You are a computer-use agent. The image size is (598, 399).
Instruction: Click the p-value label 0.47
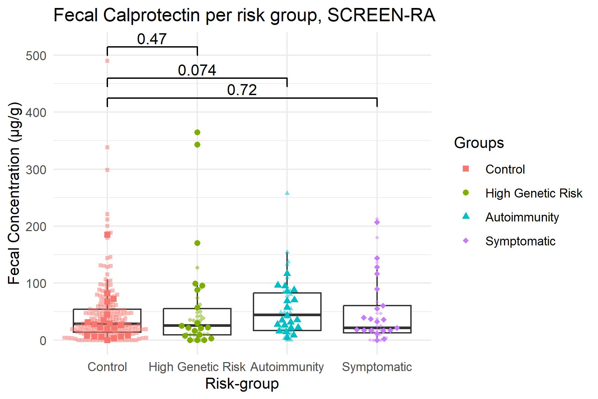[x=152, y=39]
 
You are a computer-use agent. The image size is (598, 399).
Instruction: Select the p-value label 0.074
[x=197, y=70]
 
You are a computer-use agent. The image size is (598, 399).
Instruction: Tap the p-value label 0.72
[x=242, y=90]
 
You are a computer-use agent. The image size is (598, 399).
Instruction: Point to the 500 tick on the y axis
[x=36, y=56]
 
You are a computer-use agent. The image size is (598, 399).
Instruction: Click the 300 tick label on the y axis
[x=36, y=170]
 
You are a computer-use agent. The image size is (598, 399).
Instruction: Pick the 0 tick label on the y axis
[x=43, y=341]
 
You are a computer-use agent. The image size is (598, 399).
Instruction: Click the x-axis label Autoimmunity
[x=287, y=367]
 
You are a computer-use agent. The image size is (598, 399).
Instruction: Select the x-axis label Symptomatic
[x=377, y=367]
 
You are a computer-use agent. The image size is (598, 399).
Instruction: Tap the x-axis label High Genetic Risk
[x=197, y=367]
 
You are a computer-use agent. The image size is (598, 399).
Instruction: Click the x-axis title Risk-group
[x=242, y=384]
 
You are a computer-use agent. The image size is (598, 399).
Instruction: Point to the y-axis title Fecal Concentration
[x=14, y=193]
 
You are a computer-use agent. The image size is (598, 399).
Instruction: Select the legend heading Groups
[x=479, y=143]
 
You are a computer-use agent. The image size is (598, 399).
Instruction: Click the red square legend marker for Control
[x=466, y=169]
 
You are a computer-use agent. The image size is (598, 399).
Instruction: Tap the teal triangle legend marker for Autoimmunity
[x=466, y=217]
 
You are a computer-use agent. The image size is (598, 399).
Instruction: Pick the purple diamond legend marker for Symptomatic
[x=466, y=241]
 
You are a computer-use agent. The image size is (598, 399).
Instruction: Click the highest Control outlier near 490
[x=107, y=61]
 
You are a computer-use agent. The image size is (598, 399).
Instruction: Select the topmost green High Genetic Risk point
[x=197, y=132]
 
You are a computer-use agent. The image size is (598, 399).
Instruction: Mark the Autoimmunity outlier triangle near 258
[x=287, y=193]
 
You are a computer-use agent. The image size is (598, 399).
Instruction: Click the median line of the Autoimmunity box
[x=287, y=314]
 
